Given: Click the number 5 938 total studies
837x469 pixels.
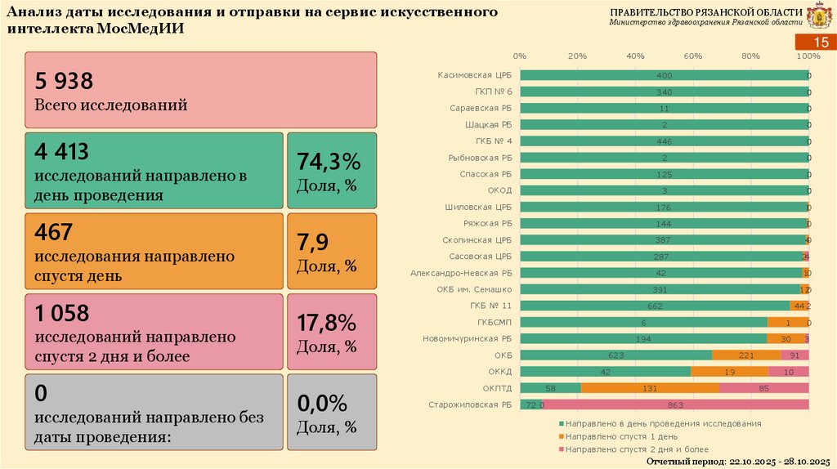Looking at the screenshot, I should point(64,80).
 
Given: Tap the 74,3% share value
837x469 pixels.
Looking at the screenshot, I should point(327,161).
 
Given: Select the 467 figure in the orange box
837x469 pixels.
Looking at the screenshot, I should point(53,232).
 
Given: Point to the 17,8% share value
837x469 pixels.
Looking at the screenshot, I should point(327,321).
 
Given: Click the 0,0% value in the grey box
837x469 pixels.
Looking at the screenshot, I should point(322,402).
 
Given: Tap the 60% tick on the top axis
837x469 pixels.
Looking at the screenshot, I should point(693,56).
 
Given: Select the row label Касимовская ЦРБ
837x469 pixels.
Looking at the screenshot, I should point(475,75).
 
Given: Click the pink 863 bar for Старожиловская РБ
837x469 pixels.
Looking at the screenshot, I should point(676,404).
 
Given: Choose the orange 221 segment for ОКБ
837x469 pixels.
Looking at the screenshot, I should point(745,355).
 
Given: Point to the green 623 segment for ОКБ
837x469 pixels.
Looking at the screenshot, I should point(615,355).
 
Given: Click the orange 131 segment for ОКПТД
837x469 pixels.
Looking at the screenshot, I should point(651,388).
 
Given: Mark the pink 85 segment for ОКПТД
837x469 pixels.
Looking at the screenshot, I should point(764,388).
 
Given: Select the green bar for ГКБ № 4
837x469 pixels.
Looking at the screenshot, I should point(664,141).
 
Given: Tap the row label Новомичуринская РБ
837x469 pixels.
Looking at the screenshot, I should point(468,338).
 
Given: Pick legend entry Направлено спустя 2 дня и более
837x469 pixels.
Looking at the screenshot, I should point(635,449).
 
